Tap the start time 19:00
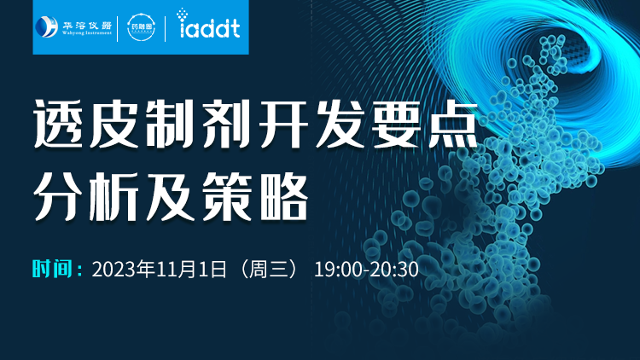pyautogui.click(x=338, y=270)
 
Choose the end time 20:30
pyautogui.click(x=394, y=270)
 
